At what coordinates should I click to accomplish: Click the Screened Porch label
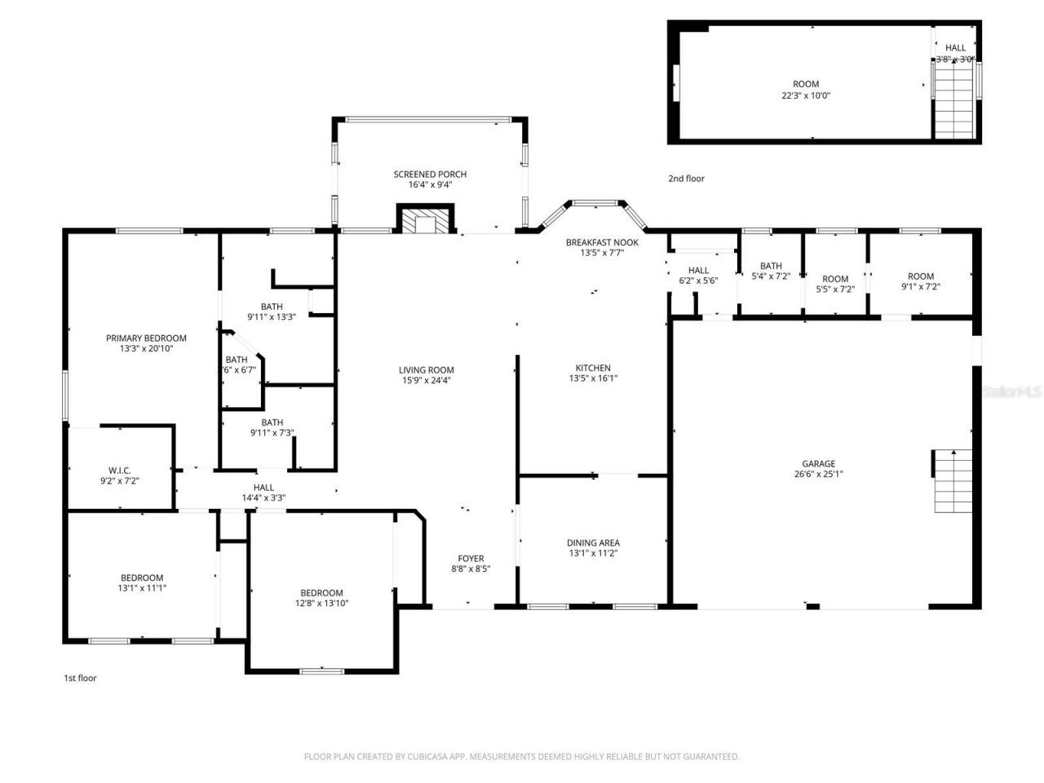(430, 175)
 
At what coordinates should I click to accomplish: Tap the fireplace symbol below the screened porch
(423, 220)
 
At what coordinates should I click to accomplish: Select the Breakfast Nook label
(602, 242)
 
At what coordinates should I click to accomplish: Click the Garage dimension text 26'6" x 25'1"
(818, 474)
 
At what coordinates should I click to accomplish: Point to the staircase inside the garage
(953, 480)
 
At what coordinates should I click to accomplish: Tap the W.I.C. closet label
(120, 471)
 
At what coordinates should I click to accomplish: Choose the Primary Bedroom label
(146, 338)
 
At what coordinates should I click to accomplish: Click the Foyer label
(471, 559)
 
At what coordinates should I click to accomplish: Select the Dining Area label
(593, 543)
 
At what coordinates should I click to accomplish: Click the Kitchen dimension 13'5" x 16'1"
(593, 378)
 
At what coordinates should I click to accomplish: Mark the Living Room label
(427, 370)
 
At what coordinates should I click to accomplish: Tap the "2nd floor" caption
(686, 179)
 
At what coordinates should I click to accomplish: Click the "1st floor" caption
(80, 678)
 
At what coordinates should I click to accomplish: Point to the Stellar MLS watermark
(1011, 392)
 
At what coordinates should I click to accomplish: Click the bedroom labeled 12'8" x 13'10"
(321, 598)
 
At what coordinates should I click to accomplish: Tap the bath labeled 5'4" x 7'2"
(771, 271)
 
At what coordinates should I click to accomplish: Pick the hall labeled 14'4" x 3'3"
(263, 493)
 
